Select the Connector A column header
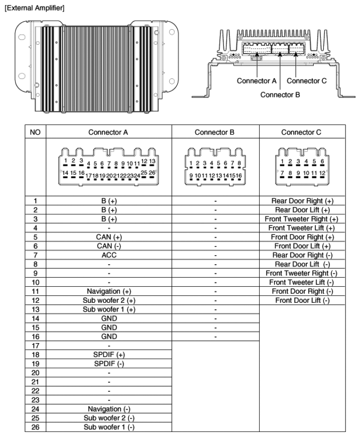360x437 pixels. (109, 132)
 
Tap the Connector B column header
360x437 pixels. (215, 132)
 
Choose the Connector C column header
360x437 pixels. (301, 132)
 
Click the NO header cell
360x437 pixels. (35, 132)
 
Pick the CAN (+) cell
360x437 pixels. (109, 237)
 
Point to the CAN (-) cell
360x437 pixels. (109, 246)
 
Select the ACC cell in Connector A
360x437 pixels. (109, 255)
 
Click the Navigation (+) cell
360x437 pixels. (109, 291)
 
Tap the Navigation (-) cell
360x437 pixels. (109, 409)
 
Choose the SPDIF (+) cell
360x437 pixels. (109, 354)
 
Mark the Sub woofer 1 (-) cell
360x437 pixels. (109, 427)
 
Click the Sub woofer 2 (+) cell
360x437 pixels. (109, 300)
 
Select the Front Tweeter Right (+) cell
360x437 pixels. (301, 219)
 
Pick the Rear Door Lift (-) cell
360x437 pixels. (301, 264)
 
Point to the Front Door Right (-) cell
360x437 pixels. (301, 291)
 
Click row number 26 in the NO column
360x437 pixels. (35, 427)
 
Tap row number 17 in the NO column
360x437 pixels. (35, 345)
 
